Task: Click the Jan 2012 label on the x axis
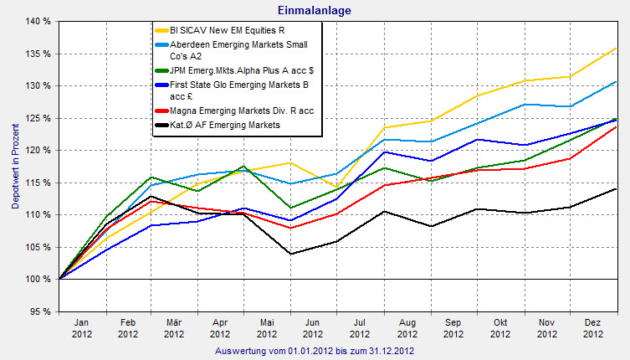pyautogui.click(x=81, y=327)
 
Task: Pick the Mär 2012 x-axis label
pyautogui.click(x=174, y=327)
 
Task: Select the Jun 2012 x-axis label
pyautogui.click(x=314, y=327)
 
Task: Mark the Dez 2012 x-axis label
pyautogui.click(x=593, y=327)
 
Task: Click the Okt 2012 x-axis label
pyautogui.click(x=499, y=327)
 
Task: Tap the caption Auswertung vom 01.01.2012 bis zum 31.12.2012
pyautogui.click(x=315, y=350)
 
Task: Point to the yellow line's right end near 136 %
pyautogui.click(x=616, y=48)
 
